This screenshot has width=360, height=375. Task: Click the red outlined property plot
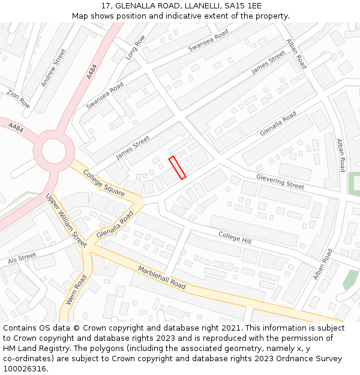177,167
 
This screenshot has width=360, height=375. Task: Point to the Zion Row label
18,98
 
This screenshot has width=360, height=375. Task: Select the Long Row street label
135,47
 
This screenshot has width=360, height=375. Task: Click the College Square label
104,183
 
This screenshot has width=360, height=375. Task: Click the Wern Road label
76,290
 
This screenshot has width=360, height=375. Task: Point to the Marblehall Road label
162,277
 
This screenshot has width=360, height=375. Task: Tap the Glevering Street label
280,181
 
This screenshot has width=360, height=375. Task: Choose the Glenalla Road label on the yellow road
115,224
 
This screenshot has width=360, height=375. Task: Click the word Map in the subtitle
80,16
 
